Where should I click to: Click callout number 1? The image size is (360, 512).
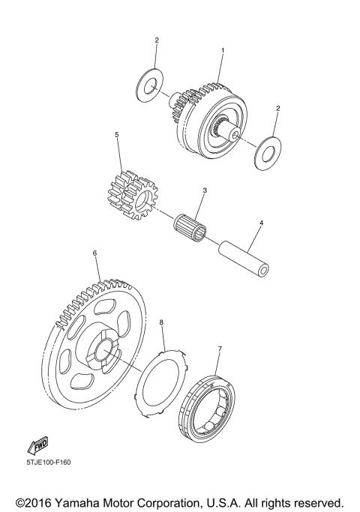[222, 51]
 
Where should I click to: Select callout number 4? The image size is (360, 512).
[261, 223]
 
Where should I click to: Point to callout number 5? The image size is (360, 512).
[117, 136]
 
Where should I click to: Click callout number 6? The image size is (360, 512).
[94, 253]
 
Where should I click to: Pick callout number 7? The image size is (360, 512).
[219, 349]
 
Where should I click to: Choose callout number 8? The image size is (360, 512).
[162, 323]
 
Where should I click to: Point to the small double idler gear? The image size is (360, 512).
[132, 196]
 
